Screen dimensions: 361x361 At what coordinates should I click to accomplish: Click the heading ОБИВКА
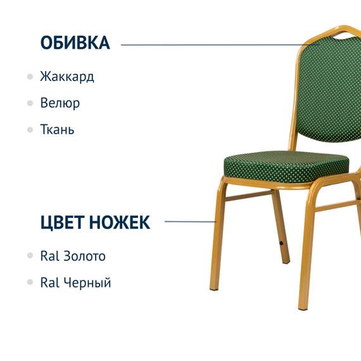(75, 43)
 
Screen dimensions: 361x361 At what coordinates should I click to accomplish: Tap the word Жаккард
(66, 77)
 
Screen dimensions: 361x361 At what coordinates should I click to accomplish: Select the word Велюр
(60, 103)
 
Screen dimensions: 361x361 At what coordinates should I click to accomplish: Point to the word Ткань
(57, 129)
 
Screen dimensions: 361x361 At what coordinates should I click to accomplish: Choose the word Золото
(84, 256)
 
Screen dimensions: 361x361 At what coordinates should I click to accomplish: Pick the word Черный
(87, 282)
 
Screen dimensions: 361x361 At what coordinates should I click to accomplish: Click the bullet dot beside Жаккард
(30, 77)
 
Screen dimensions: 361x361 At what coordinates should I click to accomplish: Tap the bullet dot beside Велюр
(30, 103)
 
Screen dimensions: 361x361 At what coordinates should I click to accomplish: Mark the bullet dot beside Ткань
(30, 129)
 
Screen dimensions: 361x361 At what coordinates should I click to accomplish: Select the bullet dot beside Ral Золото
(30, 256)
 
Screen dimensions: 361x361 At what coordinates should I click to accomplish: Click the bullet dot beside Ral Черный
(30, 282)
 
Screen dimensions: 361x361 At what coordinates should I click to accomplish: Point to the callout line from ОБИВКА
(209, 45)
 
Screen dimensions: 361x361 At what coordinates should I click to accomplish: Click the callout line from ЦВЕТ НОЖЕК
(190, 222)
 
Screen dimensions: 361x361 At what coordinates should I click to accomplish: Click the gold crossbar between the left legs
(250, 196)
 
